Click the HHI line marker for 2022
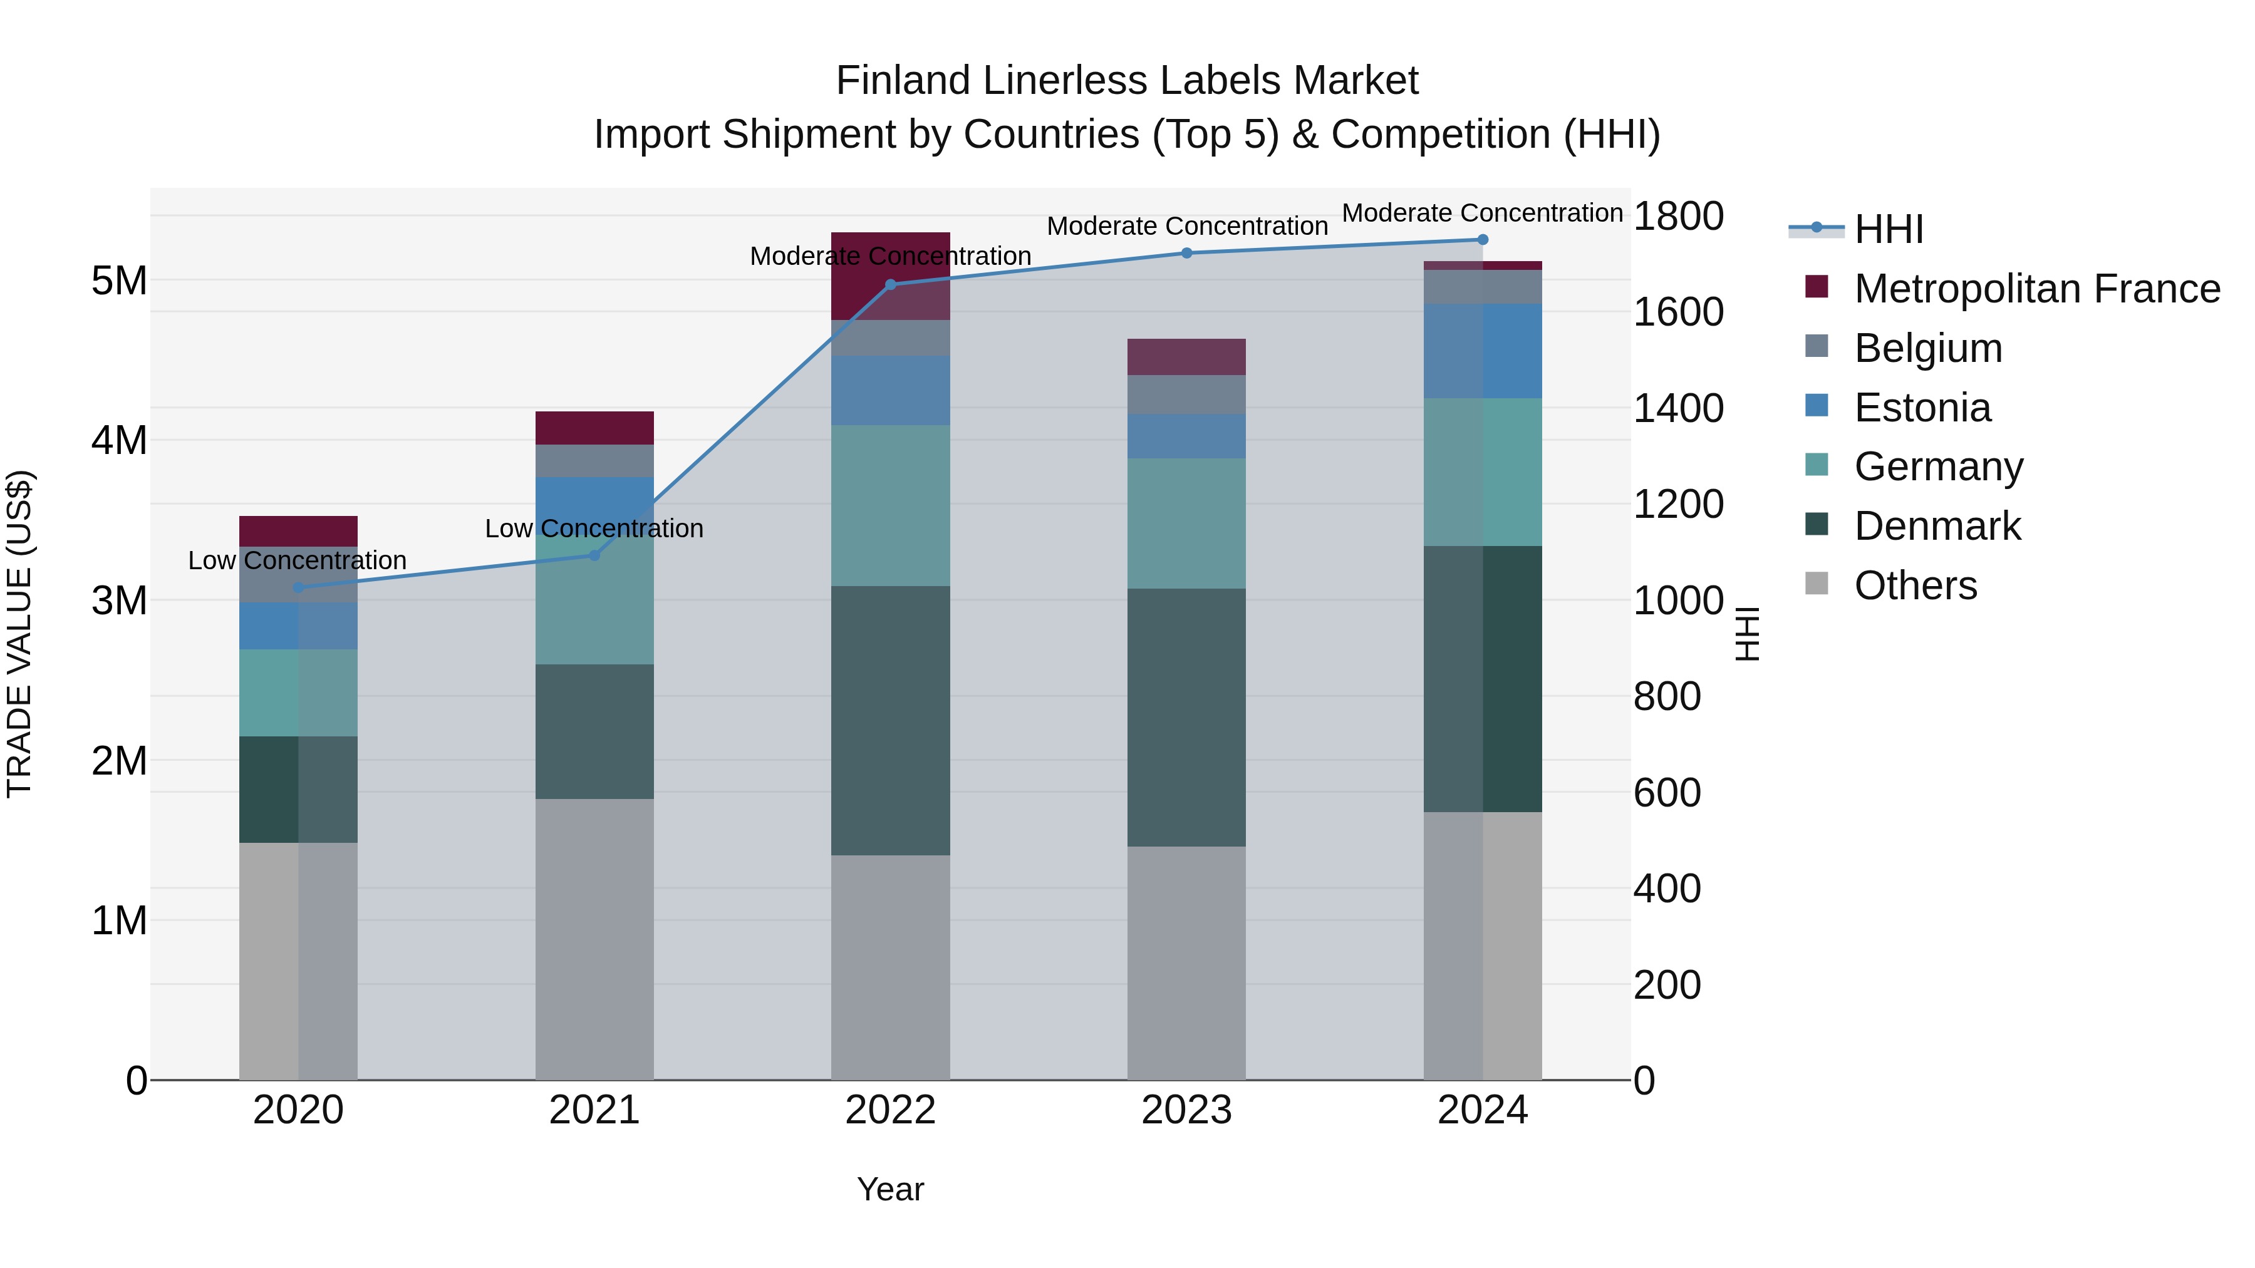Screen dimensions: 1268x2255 (x=890, y=284)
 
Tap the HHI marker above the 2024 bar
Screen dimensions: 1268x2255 (x=1482, y=240)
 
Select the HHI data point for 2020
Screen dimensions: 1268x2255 (x=299, y=587)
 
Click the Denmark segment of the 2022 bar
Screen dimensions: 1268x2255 (x=890, y=720)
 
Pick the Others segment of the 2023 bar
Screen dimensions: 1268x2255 (x=1186, y=962)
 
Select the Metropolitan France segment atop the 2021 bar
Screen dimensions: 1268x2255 (x=594, y=428)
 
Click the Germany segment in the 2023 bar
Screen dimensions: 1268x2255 (x=1186, y=523)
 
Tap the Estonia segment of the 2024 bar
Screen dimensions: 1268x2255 (x=1482, y=351)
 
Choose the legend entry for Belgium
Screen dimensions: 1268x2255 (x=1927, y=348)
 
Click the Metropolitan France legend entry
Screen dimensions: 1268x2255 (x=2036, y=289)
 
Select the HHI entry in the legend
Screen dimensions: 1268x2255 (x=1888, y=229)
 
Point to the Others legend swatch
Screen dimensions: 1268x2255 (x=1817, y=584)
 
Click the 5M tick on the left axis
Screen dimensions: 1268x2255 (x=119, y=281)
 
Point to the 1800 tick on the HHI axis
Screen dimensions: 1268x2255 (x=1678, y=216)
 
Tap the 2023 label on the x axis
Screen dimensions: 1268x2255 (x=1186, y=1110)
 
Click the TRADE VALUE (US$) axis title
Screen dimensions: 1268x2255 (x=19, y=634)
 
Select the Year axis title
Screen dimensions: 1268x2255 (x=890, y=1189)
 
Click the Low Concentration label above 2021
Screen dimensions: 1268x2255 (x=594, y=528)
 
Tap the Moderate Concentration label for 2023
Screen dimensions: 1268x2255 (x=1187, y=226)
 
